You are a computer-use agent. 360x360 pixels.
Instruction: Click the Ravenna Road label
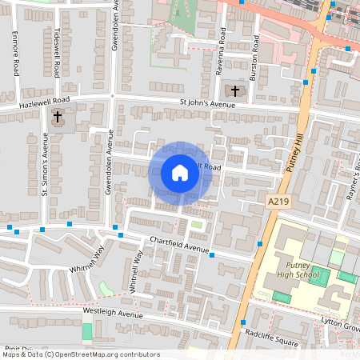222,48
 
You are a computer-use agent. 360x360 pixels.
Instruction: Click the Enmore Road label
14,54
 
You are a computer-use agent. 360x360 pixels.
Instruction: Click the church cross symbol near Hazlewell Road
58,118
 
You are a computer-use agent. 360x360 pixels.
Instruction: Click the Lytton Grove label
339,326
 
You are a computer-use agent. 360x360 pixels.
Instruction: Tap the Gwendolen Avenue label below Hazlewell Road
110,160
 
